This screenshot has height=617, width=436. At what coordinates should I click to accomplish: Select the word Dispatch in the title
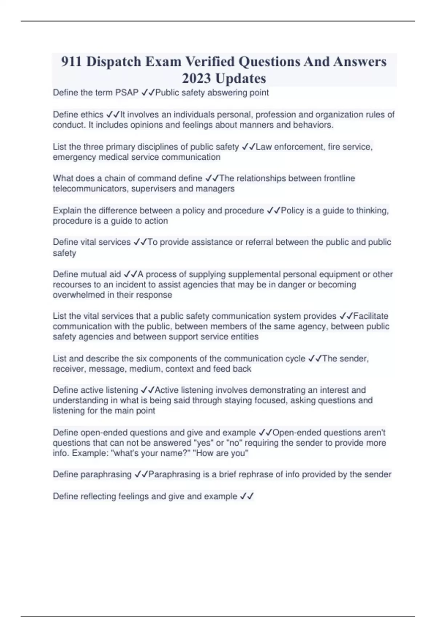pos(114,62)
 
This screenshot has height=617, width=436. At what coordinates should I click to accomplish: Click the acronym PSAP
pos(127,93)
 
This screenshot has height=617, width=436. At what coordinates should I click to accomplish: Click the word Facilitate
pos(371,316)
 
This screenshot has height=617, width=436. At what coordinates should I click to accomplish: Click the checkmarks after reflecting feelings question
pos(247,496)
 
